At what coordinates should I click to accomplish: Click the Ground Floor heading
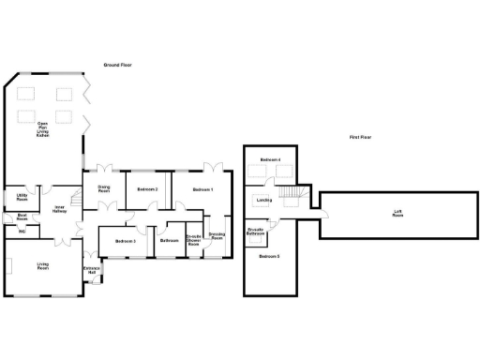(x=119, y=65)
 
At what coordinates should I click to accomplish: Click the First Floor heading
(x=361, y=138)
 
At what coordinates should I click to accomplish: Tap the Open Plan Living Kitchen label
(x=43, y=129)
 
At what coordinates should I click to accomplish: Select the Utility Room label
(x=21, y=197)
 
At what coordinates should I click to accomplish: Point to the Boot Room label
(x=22, y=217)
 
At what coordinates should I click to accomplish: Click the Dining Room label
(x=104, y=189)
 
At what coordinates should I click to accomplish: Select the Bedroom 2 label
(x=146, y=190)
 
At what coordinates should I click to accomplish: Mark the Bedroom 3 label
(x=126, y=242)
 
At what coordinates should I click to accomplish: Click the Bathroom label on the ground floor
(x=169, y=241)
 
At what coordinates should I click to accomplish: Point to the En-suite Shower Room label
(x=194, y=240)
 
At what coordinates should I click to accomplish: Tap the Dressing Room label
(x=216, y=236)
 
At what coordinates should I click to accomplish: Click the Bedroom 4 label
(x=270, y=160)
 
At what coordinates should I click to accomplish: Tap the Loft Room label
(x=397, y=215)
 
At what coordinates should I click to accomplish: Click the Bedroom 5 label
(x=270, y=256)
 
